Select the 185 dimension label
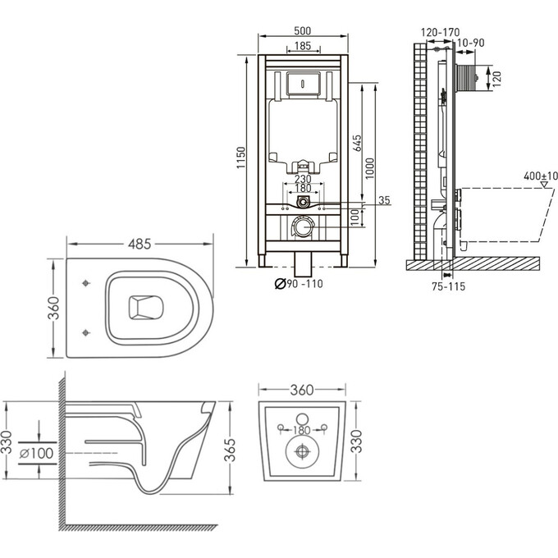coord(302,47)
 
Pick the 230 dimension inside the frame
coord(302,180)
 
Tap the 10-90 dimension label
coord(470,43)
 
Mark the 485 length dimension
coord(139,245)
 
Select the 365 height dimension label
coord(232,449)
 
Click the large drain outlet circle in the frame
coord(304,226)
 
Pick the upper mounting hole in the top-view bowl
coord(87,283)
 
